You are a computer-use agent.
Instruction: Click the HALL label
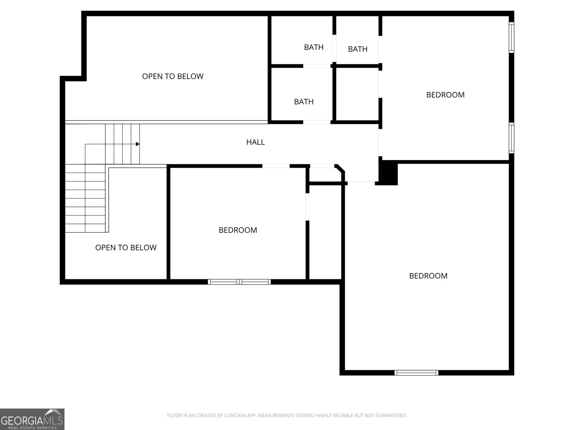[x=255, y=142]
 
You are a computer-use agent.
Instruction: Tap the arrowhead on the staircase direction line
[x=138, y=144]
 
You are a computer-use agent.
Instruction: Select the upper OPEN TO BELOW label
[x=173, y=76]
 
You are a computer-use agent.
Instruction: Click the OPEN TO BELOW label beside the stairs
[x=126, y=248]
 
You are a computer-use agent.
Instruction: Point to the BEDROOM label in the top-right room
[x=445, y=95]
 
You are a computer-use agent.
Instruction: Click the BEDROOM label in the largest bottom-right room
[x=428, y=276]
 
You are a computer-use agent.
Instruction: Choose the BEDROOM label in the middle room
[x=238, y=230]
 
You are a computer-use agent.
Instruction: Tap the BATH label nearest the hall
[x=304, y=102]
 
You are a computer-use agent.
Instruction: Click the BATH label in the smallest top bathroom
[x=357, y=49]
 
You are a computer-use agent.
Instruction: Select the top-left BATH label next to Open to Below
[x=314, y=47]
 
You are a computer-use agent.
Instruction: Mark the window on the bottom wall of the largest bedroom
[x=416, y=373]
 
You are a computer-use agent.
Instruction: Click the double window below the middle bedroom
[x=239, y=282]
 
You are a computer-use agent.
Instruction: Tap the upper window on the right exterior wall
[x=512, y=37]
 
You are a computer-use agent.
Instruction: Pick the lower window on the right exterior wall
[x=512, y=138]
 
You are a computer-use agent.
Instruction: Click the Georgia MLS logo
[x=32, y=419]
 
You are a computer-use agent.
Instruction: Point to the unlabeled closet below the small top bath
[x=357, y=94]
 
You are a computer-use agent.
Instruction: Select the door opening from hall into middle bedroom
[x=276, y=166]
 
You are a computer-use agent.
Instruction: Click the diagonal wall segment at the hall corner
[x=340, y=168]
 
